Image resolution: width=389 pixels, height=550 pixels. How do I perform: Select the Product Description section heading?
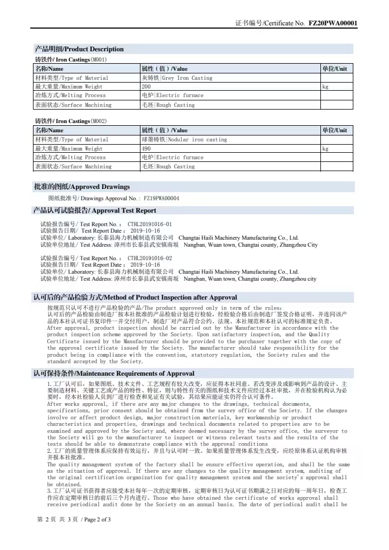(79, 49)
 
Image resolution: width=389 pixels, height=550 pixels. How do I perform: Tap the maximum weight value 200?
(146, 86)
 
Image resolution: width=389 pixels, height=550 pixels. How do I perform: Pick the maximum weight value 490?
(146, 148)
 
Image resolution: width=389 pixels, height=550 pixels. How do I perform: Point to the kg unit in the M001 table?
(325, 86)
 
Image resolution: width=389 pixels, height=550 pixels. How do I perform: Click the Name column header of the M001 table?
(49, 69)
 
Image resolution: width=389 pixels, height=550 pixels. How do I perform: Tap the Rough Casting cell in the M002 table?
(168, 166)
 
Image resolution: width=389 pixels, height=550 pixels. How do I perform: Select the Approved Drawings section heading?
(82, 187)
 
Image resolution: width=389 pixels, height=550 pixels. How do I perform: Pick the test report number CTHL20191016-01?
(150, 223)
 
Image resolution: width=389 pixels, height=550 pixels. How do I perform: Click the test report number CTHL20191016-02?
(150, 258)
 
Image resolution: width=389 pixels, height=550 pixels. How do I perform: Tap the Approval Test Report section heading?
(95, 211)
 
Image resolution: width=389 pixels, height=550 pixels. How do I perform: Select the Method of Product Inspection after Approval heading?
(135, 297)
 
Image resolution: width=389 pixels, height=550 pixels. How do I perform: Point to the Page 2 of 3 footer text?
(74, 520)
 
